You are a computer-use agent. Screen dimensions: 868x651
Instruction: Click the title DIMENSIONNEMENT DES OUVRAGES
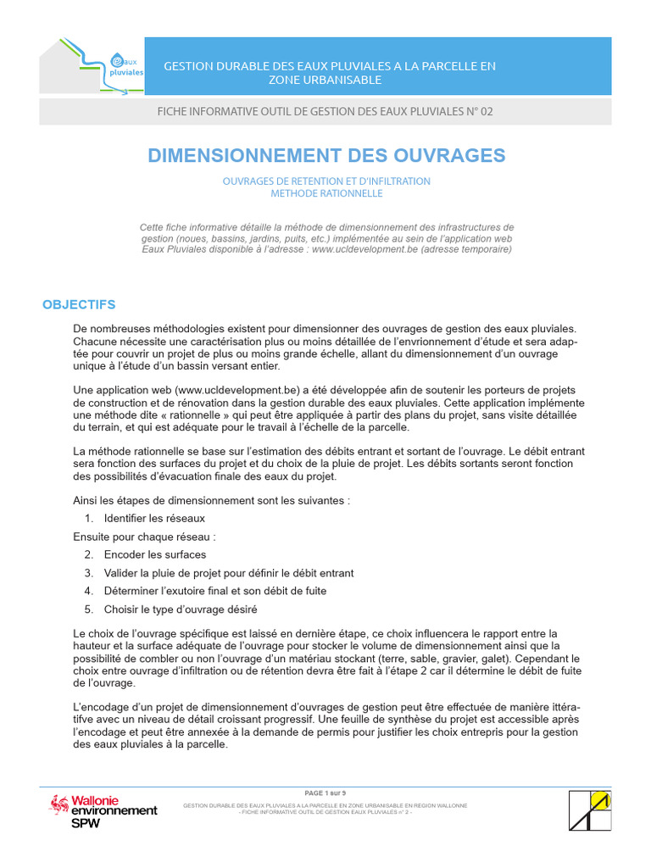(x=326, y=155)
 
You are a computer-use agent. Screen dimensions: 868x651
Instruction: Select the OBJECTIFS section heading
(x=79, y=304)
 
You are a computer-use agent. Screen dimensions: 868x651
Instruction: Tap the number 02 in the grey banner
(x=486, y=112)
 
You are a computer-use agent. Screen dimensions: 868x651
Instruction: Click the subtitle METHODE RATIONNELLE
(x=326, y=193)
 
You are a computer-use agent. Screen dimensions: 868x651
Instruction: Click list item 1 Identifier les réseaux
(x=154, y=518)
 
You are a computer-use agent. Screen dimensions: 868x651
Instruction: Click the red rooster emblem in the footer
(x=59, y=804)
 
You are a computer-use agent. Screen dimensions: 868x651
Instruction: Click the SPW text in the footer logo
(x=84, y=823)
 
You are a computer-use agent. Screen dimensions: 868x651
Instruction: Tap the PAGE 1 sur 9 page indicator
(x=325, y=792)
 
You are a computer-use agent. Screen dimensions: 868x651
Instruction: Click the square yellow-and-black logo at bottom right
(x=590, y=810)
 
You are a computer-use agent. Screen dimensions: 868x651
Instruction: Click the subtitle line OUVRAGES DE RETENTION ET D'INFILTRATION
(x=326, y=181)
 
